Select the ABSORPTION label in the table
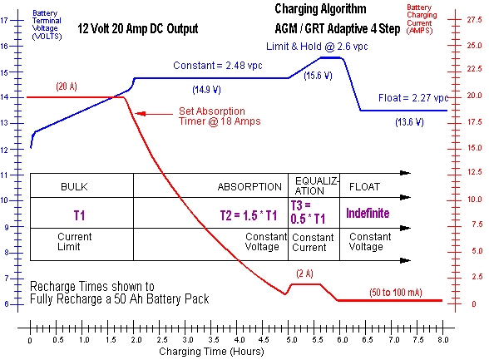click(x=249, y=187)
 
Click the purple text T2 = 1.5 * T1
click(x=249, y=215)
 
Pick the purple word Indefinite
click(x=368, y=213)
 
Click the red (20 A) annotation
click(x=67, y=86)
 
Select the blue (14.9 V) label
click(x=206, y=90)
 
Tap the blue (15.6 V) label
click(x=318, y=76)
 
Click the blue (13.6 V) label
click(x=409, y=122)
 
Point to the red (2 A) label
click(x=304, y=274)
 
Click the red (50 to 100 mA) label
click(x=396, y=293)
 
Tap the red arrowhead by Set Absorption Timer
click(x=140, y=114)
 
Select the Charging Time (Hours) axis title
click(x=211, y=352)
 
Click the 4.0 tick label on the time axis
click(x=240, y=339)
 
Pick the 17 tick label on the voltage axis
click(x=3, y=21)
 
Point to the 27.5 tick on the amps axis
click(x=474, y=20)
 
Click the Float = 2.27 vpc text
click(x=413, y=98)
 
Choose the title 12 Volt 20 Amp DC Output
click(x=138, y=28)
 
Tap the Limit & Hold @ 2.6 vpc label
click(x=317, y=47)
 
